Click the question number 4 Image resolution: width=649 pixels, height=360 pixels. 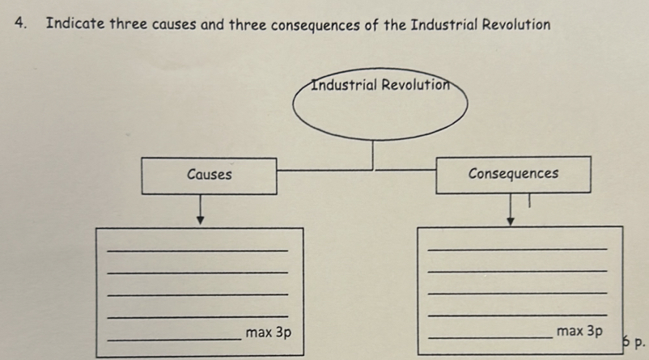tap(19, 23)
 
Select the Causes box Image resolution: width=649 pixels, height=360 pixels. tap(209, 176)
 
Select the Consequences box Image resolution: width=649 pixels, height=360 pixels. tap(513, 175)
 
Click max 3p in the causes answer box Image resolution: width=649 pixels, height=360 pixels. tap(269, 332)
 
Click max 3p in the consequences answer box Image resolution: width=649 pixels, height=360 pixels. tap(579, 331)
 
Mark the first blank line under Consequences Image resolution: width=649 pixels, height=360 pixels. tap(516, 250)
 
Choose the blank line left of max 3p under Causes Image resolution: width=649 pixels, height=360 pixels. tap(174, 339)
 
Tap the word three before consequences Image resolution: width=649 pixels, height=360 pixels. tap(248, 24)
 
